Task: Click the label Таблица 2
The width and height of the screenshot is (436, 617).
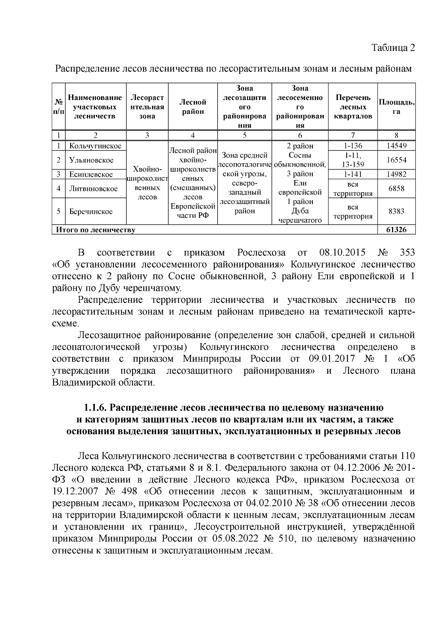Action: point(393,48)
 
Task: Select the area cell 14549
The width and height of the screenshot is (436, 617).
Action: point(396,146)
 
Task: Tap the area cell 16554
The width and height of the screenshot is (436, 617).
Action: point(396,160)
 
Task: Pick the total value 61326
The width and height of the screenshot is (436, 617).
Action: point(396,230)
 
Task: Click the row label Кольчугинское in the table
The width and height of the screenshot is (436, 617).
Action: point(95,146)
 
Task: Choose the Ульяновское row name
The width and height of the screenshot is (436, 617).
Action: point(91,160)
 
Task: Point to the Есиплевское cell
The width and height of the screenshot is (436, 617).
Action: point(91,174)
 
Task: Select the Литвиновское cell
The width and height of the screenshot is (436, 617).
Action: point(93,188)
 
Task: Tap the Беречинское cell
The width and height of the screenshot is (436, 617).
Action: point(91,211)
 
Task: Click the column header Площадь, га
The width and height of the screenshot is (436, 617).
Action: point(396,107)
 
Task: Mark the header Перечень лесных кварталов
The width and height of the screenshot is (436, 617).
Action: point(353,107)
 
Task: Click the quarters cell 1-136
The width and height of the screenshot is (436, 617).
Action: point(353,146)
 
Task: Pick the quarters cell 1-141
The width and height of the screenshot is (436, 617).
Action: point(353,174)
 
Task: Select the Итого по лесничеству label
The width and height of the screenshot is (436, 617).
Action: point(95,230)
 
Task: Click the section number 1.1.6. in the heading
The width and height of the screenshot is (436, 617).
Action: point(95,407)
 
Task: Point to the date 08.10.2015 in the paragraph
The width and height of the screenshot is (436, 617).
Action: point(342,253)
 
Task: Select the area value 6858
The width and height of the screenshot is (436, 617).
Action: point(396,188)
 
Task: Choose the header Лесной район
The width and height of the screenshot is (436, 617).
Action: point(193,107)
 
